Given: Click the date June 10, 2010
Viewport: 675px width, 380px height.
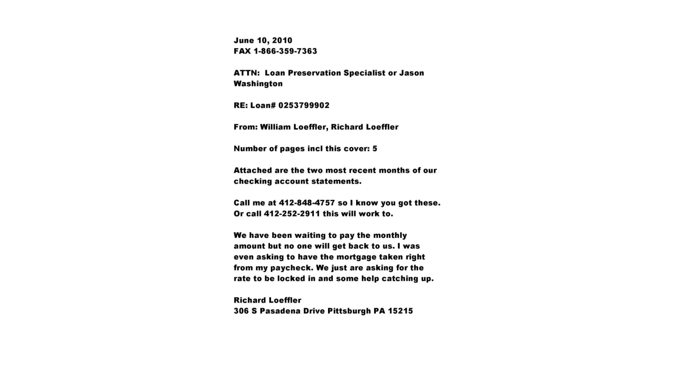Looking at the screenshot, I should point(263,41).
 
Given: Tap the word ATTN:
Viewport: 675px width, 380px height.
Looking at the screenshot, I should point(246,73).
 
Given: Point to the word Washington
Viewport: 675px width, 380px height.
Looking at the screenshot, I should point(258,84).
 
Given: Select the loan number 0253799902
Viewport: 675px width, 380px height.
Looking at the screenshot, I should point(304,105).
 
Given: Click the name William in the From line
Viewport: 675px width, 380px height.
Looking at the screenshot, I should point(275,127).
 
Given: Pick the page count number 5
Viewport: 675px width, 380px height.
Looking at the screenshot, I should point(375,149).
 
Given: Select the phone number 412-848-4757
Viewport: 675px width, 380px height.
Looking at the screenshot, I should point(307,203).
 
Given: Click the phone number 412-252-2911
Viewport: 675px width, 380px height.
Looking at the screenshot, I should point(292,214).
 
